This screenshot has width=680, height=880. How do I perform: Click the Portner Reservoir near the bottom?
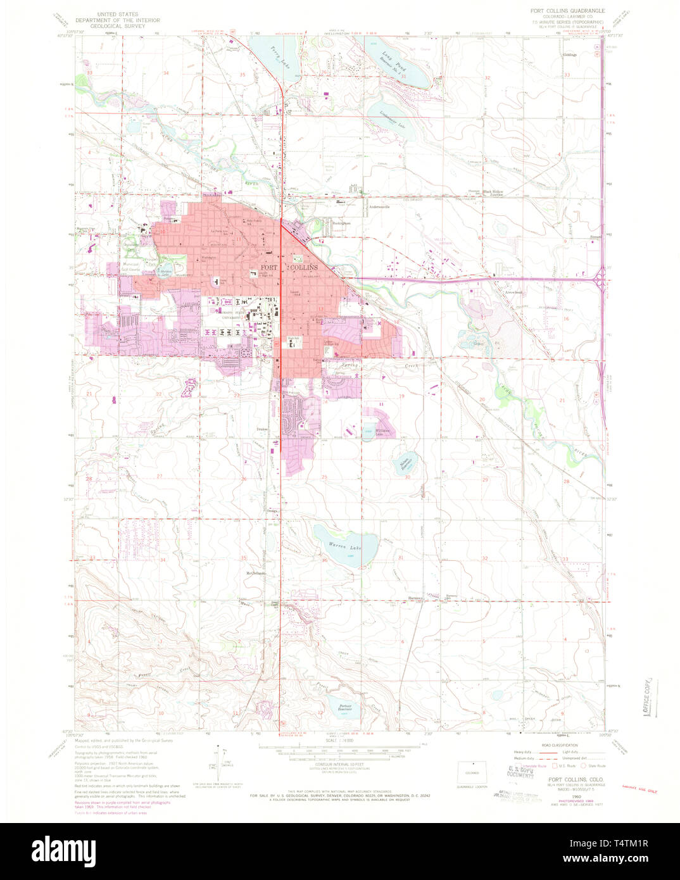344,707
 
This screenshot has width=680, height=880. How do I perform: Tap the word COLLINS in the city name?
304,268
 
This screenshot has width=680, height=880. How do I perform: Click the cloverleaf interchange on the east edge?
600,278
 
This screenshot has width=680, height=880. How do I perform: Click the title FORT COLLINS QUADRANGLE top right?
567,11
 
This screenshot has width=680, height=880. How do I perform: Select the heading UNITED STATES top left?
118,13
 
